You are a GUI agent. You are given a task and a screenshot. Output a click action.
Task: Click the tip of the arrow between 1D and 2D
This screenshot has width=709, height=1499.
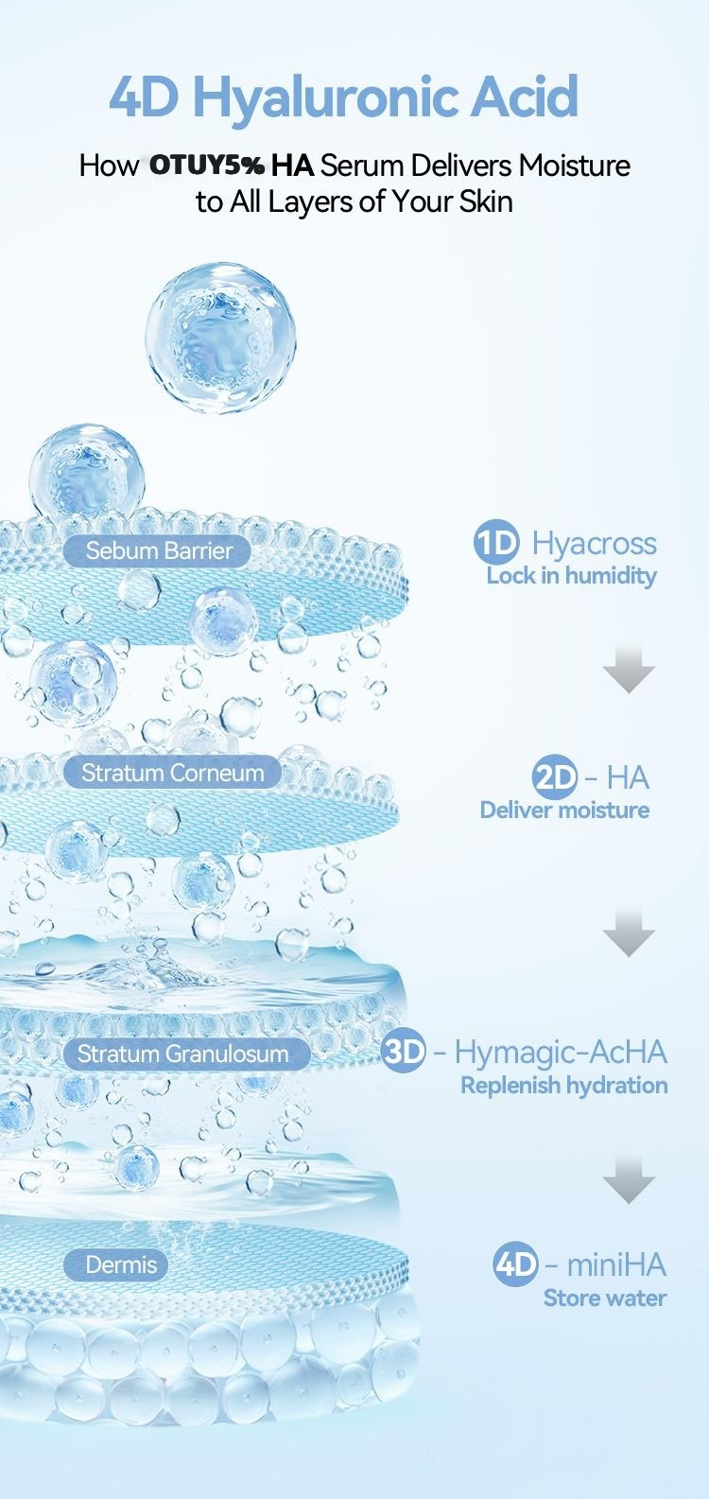(629, 692)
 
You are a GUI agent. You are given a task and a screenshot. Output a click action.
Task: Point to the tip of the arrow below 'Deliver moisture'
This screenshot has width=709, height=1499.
(629, 955)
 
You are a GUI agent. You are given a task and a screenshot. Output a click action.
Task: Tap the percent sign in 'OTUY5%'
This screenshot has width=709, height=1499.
(252, 166)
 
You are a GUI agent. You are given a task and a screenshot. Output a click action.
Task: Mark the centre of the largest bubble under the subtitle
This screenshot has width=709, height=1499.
(220, 338)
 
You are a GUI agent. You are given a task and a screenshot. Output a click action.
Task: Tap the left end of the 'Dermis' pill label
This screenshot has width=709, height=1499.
(65, 1264)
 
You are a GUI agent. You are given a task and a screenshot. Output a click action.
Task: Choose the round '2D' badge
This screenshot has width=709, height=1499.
(555, 777)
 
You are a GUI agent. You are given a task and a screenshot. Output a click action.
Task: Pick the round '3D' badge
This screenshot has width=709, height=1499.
(404, 1052)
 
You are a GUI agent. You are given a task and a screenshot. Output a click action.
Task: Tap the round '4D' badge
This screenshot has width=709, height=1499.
(516, 1264)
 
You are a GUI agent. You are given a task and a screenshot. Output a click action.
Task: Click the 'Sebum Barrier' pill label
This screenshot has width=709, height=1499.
(158, 550)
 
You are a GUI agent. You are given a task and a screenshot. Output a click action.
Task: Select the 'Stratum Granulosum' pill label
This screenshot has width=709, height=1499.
(187, 1054)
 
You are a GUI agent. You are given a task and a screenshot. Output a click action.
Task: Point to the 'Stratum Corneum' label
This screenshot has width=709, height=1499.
(173, 773)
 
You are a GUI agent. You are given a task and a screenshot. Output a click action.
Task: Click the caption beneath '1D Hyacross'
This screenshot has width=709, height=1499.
(571, 576)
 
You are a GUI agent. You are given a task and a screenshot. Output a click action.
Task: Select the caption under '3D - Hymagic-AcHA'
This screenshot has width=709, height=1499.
(563, 1085)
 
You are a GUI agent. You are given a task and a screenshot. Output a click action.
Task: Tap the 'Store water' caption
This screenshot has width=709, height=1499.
(605, 1299)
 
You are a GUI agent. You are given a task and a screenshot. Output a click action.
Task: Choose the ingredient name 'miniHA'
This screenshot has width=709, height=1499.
(616, 1264)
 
